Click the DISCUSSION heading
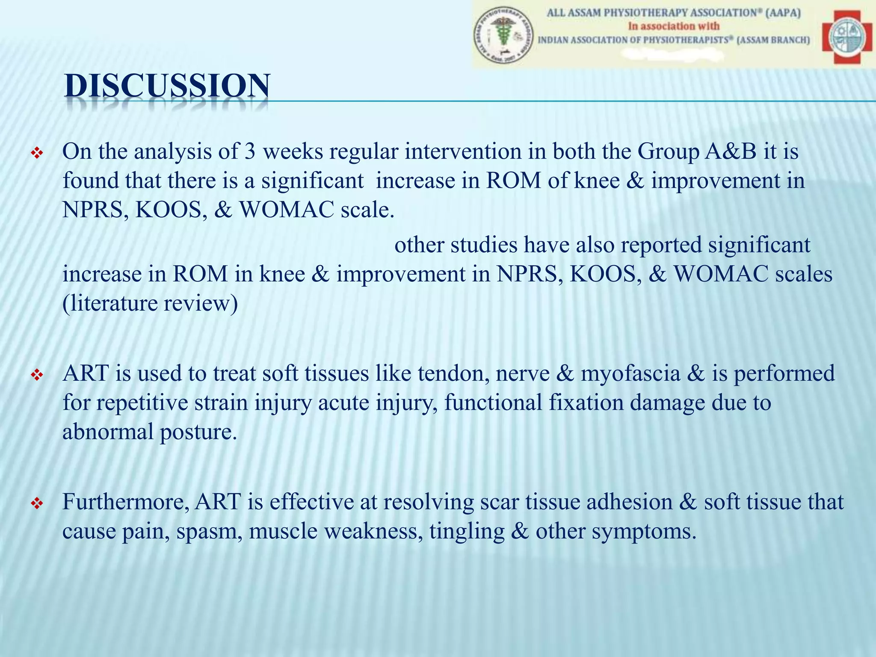pos(167,86)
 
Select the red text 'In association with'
pos(673,26)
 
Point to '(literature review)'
pos(150,303)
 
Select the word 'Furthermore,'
pos(126,502)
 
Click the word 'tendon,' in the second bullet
pos(453,373)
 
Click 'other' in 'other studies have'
pos(419,245)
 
